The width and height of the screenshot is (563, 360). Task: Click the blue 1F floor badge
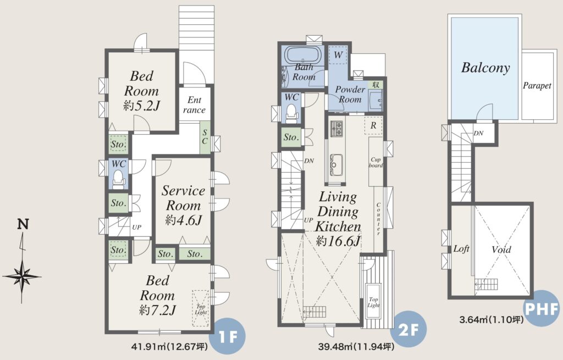[x=228, y=337]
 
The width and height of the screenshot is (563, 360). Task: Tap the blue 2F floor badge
[x=409, y=329]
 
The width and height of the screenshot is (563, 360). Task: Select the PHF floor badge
[x=542, y=308]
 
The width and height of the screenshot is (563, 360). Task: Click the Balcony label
[x=485, y=68]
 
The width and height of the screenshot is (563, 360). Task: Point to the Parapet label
[x=537, y=86]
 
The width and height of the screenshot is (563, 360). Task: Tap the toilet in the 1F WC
[x=118, y=179]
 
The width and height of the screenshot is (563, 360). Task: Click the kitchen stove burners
[x=336, y=129]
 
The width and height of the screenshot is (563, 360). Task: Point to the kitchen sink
[x=336, y=165]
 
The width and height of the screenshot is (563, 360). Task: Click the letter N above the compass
[x=23, y=224]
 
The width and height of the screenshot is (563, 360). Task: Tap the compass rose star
[x=22, y=276]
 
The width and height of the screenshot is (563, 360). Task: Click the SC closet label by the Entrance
[x=205, y=137]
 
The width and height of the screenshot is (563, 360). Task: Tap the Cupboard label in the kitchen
[x=376, y=162]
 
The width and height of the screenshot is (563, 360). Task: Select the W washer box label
[x=338, y=55]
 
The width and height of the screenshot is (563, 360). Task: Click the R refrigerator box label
[x=373, y=126]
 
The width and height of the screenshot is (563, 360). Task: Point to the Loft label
[x=461, y=249]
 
